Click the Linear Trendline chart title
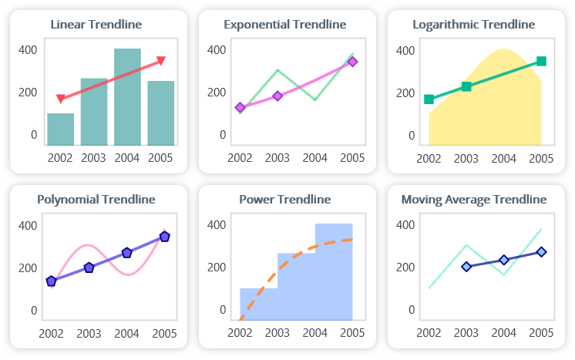coord(96,25)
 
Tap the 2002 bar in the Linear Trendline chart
coord(61,130)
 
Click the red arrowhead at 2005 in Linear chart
coord(161,60)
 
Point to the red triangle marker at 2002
coord(61,99)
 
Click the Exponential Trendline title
coord(284,25)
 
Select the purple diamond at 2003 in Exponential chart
coord(277,96)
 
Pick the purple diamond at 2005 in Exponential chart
coord(352,62)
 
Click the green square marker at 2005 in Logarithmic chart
coord(541,61)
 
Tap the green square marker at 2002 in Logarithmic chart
coord(429,99)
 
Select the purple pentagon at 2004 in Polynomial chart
coord(126,253)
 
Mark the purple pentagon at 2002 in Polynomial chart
coord(52,281)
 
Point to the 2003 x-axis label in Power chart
coord(277,333)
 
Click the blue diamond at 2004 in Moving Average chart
coord(504,260)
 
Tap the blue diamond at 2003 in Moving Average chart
coord(466,267)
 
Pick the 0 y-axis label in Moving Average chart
coord(412,310)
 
